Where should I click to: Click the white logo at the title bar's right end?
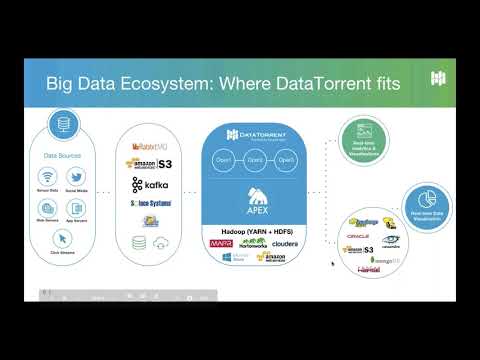coord(437,79)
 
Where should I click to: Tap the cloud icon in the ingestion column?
coord(166,243)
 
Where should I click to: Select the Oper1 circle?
coord(224,161)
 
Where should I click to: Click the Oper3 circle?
coord(287,161)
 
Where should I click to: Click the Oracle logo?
coord(352,236)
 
